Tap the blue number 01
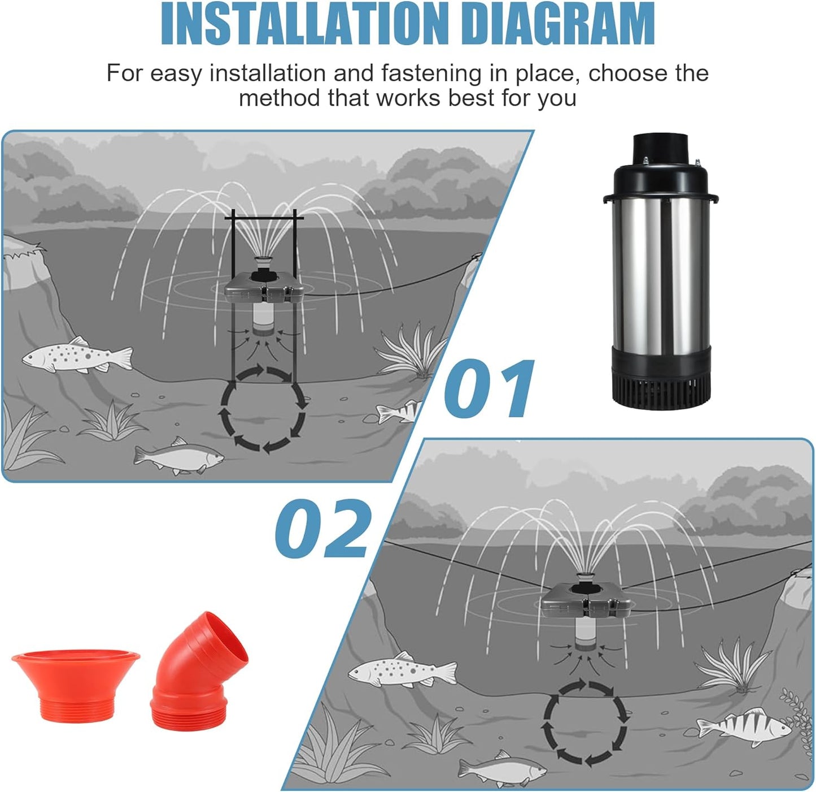click(x=489, y=389)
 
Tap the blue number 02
click(x=324, y=528)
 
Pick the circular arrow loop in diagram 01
click(x=263, y=409)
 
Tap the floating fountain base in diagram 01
click(x=264, y=289)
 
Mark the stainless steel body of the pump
click(x=661, y=271)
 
